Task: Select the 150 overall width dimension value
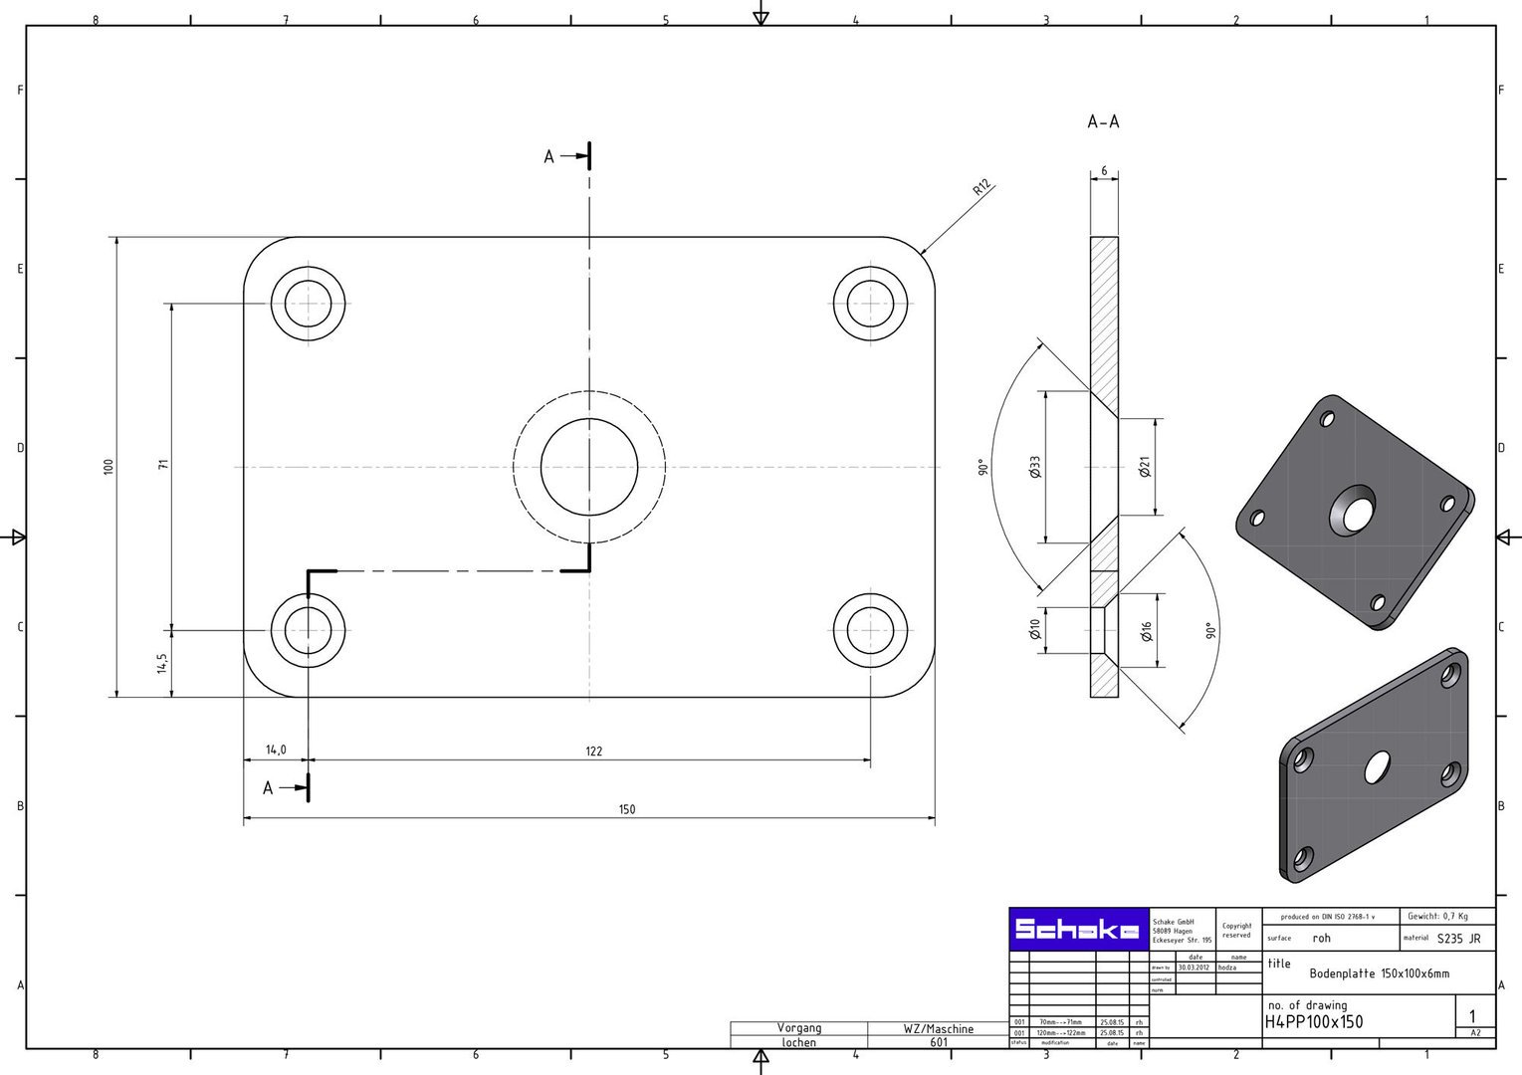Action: (x=626, y=809)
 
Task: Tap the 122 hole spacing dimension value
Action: (x=593, y=751)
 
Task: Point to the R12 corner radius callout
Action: (x=981, y=188)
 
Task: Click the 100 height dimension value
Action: (x=109, y=466)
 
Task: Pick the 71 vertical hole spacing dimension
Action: (x=163, y=464)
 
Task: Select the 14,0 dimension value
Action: (x=276, y=750)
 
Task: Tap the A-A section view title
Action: (x=1103, y=122)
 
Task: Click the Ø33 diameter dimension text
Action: (x=1035, y=467)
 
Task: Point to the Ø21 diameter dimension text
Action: (x=1145, y=466)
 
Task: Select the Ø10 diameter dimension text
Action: (x=1035, y=629)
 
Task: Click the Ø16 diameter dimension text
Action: (x=1146, y=631)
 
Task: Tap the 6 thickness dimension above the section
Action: (x=1104, y=171)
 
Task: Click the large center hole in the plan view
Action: (x=589, y=467)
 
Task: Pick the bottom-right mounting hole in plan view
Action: (x=870, y=630)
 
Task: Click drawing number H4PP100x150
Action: (x=1314, y=1022)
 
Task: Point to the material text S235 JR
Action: (x=1458, y=939)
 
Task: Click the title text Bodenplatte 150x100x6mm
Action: (x=1379, y=973)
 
